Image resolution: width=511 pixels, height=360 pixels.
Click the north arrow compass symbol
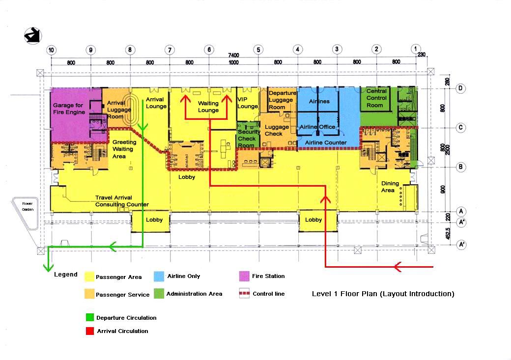33,36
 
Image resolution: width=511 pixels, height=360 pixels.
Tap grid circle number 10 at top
51,50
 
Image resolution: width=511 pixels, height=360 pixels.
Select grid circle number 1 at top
416,49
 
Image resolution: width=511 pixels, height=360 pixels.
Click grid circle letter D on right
461,88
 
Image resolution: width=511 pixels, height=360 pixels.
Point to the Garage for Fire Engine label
69,109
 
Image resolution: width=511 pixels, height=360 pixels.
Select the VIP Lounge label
248,103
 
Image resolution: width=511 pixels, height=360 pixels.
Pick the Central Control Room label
377,98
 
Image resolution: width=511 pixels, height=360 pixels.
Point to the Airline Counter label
325,142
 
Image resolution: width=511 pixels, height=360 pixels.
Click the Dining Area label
390,187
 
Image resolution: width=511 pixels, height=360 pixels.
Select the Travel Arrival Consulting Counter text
122,201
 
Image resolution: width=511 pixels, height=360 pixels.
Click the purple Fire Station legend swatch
244,277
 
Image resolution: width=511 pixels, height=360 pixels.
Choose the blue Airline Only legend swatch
159,277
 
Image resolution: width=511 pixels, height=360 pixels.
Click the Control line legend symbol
244,294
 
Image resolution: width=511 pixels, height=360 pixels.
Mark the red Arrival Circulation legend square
89,331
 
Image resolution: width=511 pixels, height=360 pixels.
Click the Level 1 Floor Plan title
383,294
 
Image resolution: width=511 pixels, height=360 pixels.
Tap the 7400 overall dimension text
233,55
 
